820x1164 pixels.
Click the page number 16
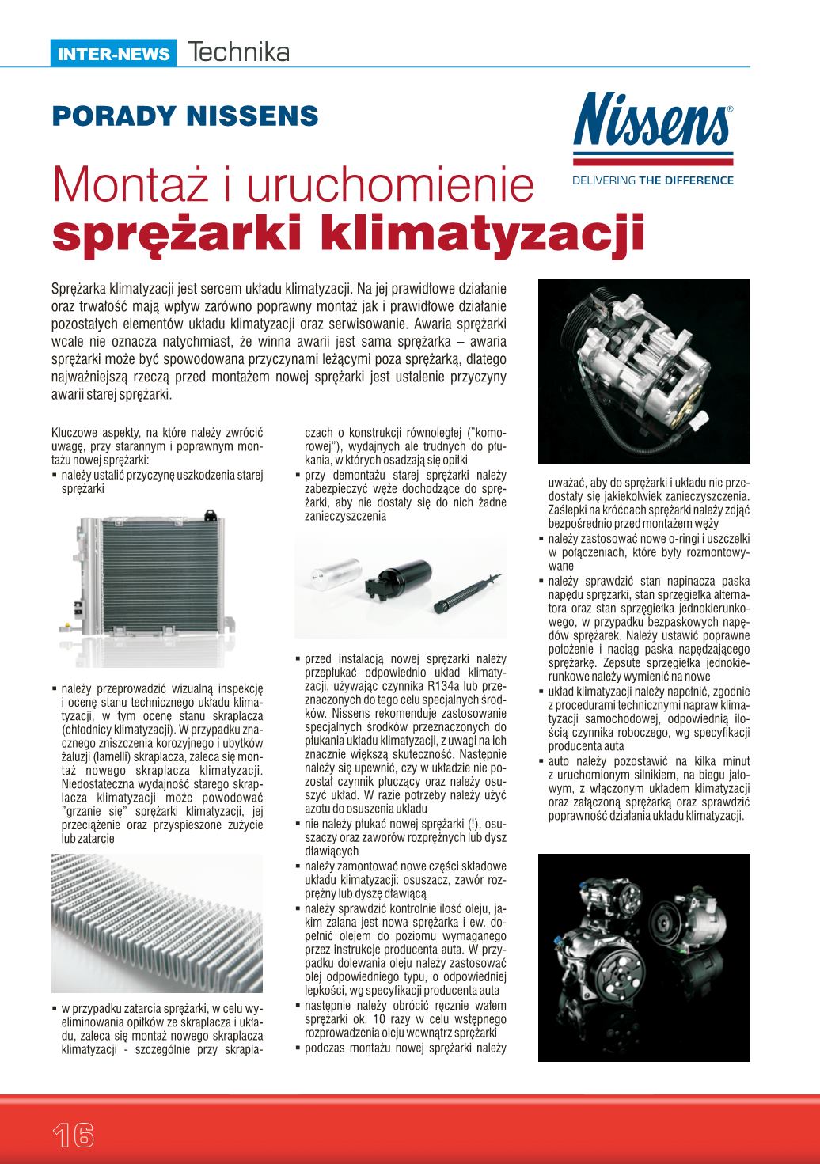click(x=74, y=1136)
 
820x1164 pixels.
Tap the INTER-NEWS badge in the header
click(x=114, y=55)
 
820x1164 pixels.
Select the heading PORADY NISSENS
click(x=185, y=116)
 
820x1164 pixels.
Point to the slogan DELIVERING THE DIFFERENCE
click(x=652, y=180)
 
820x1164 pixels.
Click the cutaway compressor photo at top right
click(x=643, y=370)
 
